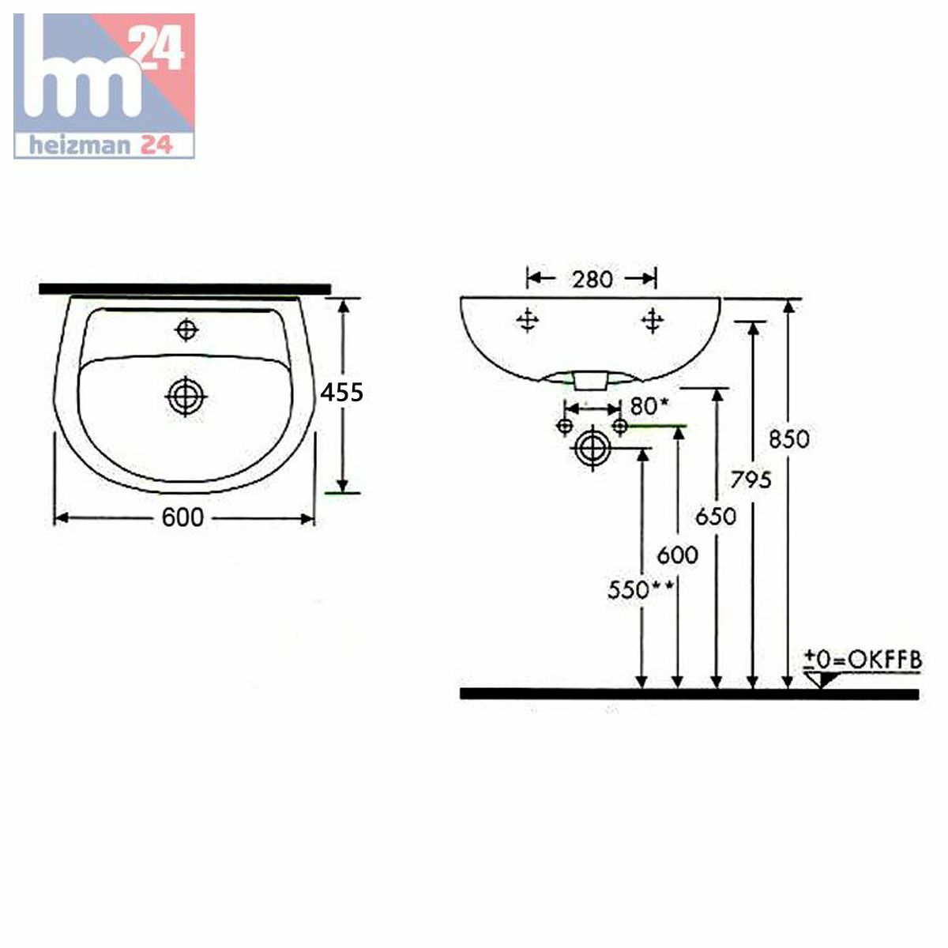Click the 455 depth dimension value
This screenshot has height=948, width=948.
pyautogui.click(x=341, y=393)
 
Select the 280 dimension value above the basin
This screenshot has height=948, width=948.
pyautogui.click(x=592, y=280)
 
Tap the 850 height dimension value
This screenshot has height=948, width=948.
pyautogui.click(x=789, y=439)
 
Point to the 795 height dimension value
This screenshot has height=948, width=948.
pyautogui.click(x=750, y=480)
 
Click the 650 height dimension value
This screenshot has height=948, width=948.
pyautogui.click(x=716, y=517)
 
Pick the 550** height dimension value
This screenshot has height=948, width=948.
pyautogui.click(x=640, y=590)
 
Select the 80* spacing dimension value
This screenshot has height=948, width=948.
pyautogui.click(x=649, y=406)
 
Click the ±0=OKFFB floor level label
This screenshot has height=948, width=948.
pyautogui.click(x=863, y=660)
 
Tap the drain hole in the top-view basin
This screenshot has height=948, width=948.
pyautogui.click(x=186, y=397)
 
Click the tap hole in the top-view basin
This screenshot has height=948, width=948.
pyautogui.click(x=186, y=329)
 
